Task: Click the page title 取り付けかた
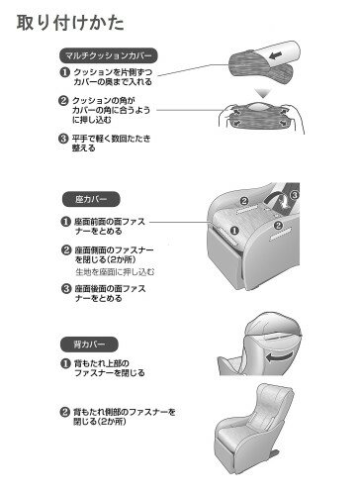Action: [70, 23]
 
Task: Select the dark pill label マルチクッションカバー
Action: [109, 55]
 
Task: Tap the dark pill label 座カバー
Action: [91, 199]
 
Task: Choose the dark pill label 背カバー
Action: [89, 345]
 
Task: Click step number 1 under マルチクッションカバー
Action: [64, 72]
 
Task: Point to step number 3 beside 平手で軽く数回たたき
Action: [63, 139]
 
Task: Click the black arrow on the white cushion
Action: [275, 55]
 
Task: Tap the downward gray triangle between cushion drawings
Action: [263, 93]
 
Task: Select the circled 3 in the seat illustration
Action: [295, 195]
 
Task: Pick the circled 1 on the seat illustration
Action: [234, 231]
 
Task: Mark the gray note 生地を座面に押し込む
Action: [115, 272]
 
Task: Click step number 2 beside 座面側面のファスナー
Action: [66, 250]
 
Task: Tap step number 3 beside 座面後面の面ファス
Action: [66, 289]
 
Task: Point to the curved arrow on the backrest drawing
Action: [279, 357]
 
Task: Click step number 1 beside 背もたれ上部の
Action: [65, 363]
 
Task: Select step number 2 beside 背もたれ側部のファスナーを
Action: [64, 412]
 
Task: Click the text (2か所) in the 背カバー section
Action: [112, 422]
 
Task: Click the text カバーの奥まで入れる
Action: [113, 82]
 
